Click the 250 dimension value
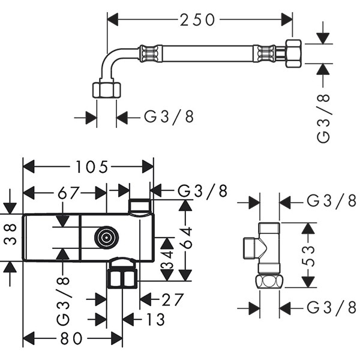[197, 20]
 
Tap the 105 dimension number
[91, 167]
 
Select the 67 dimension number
[68, 193]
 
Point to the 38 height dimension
[10, 235]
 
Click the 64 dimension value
[185, 238]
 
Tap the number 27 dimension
[173, 299]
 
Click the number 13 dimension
[155, 319]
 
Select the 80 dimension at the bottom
[71, 338]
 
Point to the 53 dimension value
[308, 256]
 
